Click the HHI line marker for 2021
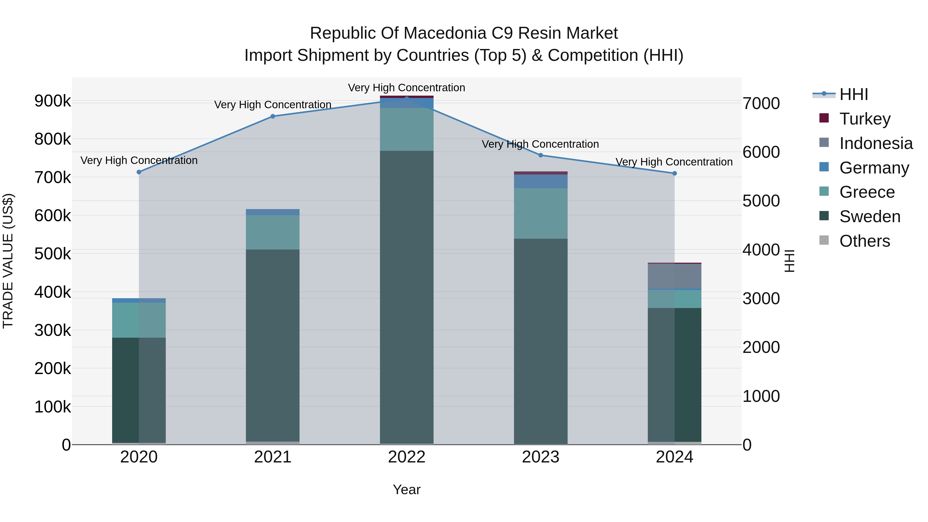click(x=273, y=116)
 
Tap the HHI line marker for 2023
click(x=540, y=155)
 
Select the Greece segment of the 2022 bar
click(x=407, y=129)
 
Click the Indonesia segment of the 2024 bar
click(x=674, y=276)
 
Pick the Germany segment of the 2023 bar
click(x=540, y=181)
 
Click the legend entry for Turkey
click(x=865, y=119)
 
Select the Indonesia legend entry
click(x=875, y=143)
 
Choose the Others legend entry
click(x=865, y=241)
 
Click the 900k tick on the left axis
click(x=53, y=101)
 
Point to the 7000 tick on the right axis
click(x=761, y=103)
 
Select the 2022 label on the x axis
click(x=407, y=457)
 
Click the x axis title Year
click(x=407, y=490)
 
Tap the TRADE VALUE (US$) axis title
click(x=8, y=261)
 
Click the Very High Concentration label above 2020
click(x=139, y=160)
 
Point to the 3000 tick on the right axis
click(x=761, y=299)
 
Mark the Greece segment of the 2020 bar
click(x=139, y=320)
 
